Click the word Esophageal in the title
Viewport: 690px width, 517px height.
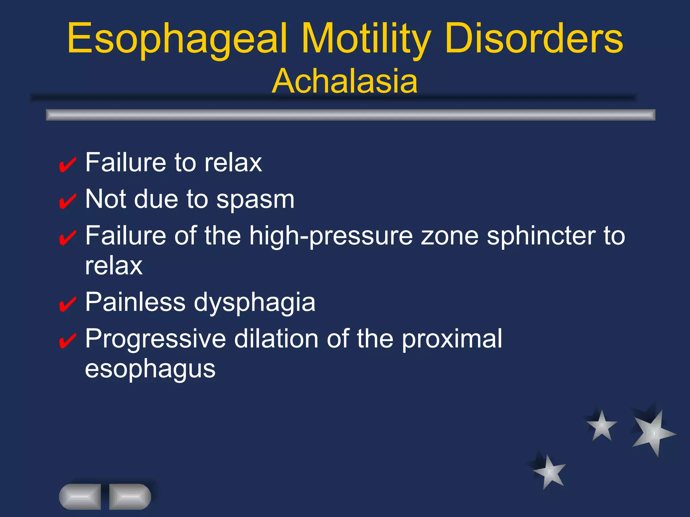177,39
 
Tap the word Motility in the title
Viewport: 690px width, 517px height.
366,39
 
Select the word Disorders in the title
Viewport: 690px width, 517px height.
534,39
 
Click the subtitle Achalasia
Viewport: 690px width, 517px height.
345,81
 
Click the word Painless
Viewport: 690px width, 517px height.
135,302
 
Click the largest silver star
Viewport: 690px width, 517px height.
653,433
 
